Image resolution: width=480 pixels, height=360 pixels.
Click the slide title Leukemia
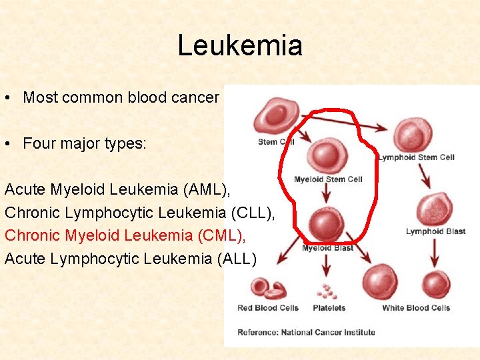pos(240,45)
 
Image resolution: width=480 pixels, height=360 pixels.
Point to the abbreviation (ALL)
pos(237,258)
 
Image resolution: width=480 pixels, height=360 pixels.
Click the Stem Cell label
pos(275,142)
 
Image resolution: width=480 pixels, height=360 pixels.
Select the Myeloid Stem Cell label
pos(328,179)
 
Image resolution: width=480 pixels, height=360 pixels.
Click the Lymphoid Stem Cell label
pos(416,157)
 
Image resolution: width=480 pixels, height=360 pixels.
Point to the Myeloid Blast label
pos(327,248)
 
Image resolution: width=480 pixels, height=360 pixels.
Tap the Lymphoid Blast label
pos(435,232)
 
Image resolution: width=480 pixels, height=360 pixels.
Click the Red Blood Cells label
pos(268,308)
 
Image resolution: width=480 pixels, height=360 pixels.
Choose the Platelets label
pos(329,308)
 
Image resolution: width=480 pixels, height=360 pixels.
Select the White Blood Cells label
pos(416,308)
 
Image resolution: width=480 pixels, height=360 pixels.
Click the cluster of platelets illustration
pos(327,292)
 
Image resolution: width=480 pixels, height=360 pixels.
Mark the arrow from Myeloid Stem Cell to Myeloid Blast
pos(326,194)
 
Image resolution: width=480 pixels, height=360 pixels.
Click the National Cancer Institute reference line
pos(306,332)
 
